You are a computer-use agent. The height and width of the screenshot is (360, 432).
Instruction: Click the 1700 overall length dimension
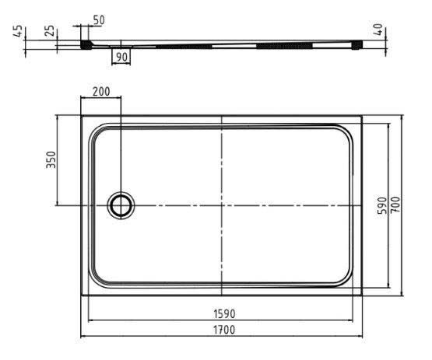[x=224, y=330]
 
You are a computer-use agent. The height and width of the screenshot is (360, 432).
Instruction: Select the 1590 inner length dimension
[x=224, y=314]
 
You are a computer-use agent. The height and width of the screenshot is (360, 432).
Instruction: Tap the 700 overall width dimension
[x=395, y=204]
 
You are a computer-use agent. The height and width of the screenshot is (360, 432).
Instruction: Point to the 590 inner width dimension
[x=382, y=206]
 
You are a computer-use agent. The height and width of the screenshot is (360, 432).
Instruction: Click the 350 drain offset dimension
[x=51, y=160]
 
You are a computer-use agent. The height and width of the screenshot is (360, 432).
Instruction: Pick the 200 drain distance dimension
[x=101, y=92]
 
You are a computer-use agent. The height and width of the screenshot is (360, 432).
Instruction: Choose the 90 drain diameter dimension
[x=121, y=57]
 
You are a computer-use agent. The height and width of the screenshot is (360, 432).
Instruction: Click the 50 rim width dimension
[x=99, y=20]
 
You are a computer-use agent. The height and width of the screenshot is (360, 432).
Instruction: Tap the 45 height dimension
[x=18, y=30]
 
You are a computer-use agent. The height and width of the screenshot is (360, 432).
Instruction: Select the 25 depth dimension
[x=50, y=30]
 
